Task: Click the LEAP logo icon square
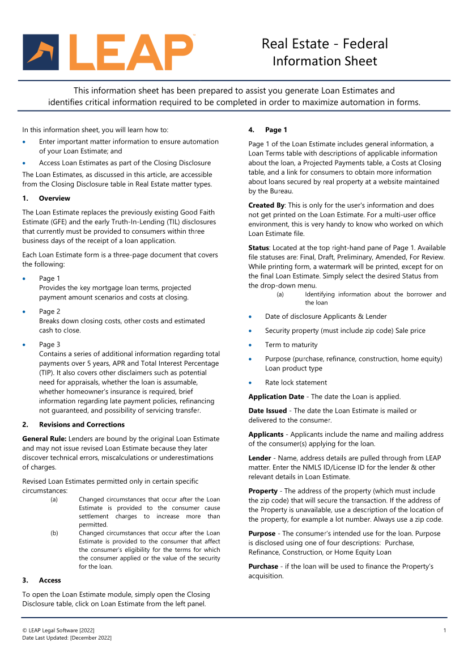pyautogui.click(x=41, y=52)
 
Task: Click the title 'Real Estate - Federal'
pyautogui.click(x=325, y=44)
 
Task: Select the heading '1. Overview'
pyautogui.click(x=46, y=199)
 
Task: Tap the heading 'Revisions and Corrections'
pyautogui.click(x=82, y=425)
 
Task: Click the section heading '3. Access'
pyautogui.click(x=41, y=581)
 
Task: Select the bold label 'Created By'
pyautogui.click(x=266, y=205)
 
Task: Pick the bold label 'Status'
pyautogui.click(x=258, y=248)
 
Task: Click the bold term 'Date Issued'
pyautogui.click(x=267, y=411)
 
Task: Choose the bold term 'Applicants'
pyautogui.click(x=266, y=435)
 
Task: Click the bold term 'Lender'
pyautogui.click(x=259, y=458)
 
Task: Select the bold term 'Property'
pyautogui.click(x=263, y=491)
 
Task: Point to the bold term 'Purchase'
pyautogui.click(x=263, y=567)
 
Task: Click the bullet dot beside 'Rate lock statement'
pyautogui.click(x=250, y=383)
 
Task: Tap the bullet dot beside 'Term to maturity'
pyautogui.click(x=250, y=345)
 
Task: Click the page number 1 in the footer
pyautogui.click(x=445, y=631)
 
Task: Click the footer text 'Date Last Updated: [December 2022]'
pyautogui.click(x=67, y=638)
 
